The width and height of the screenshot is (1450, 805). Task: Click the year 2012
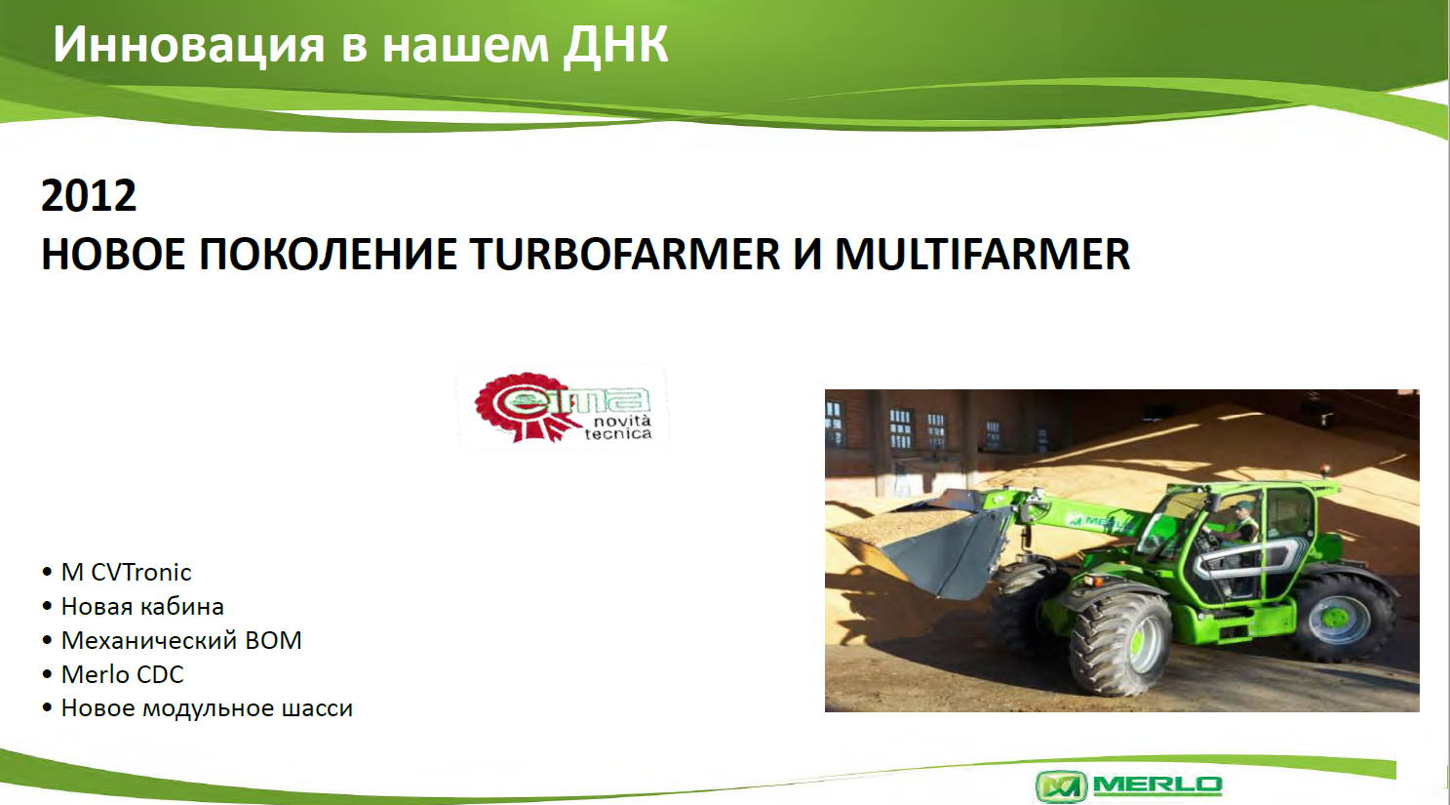(89, 195)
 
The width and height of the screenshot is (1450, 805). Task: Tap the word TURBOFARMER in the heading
(625, 254)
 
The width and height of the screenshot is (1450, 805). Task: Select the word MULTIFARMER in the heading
(982, 254)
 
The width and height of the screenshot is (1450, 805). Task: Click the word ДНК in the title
(615, 45)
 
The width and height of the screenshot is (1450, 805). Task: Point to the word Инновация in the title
(188, 45)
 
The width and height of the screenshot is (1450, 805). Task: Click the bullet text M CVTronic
(126, 573)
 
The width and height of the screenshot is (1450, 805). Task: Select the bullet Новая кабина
(142, 607)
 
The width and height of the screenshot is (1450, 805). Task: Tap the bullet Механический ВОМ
(181, 640)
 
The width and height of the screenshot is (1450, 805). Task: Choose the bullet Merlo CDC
(122, 675)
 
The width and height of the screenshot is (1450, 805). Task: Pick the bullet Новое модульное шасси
(207, 708)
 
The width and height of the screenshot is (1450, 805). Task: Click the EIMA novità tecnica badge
(563, 407)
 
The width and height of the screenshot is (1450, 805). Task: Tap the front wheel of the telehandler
(1120, 644)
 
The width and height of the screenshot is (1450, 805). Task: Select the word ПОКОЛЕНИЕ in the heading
(328, 254)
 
